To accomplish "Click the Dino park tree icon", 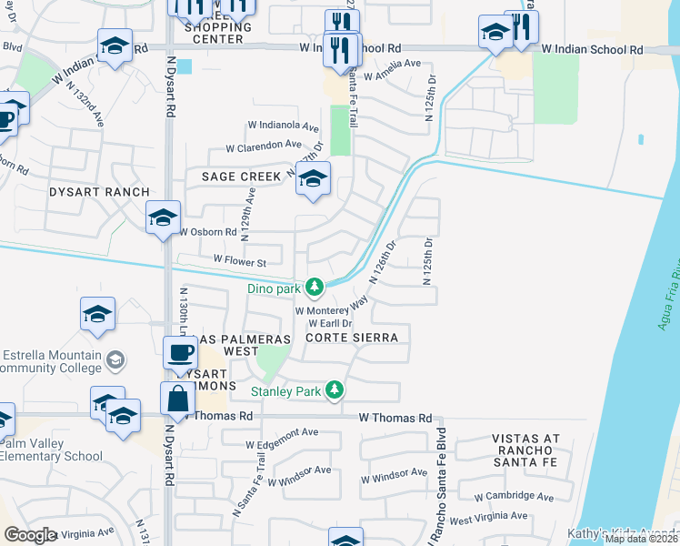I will click(x=315, y=288).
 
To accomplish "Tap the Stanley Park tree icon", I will click(x=335, y=390).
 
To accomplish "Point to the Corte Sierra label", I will click(x=352, y=338).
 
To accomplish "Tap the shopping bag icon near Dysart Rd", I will click(x=175, y=398).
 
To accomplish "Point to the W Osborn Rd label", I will click(x=208, y=232).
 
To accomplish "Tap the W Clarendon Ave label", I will click(x=264, y=145).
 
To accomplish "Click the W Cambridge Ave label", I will click(x=514, y=497).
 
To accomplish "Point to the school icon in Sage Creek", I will click(x=313, y=178).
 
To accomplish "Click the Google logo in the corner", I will click(x=30, y=535).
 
